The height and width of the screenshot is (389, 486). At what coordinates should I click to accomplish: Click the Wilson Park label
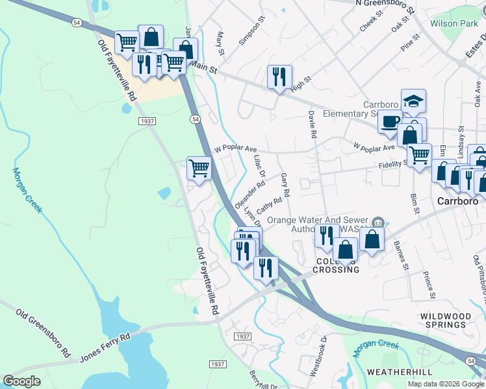(x=454, y=23)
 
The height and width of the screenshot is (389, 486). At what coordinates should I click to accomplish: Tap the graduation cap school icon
(x=413, y=101)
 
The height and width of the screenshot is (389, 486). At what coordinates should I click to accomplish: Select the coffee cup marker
(x=390, y=121)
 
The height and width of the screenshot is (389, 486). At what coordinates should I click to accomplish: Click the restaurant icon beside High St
(x=279, y=77)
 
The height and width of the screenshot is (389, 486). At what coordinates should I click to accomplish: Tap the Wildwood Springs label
(x=444, y=320)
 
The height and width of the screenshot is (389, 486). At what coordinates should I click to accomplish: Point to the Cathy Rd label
(x=268, y=207)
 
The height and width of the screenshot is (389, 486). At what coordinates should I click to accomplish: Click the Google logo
(x=21, y=381)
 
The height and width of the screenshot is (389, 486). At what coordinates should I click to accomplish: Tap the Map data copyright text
(x=446, y=384)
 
